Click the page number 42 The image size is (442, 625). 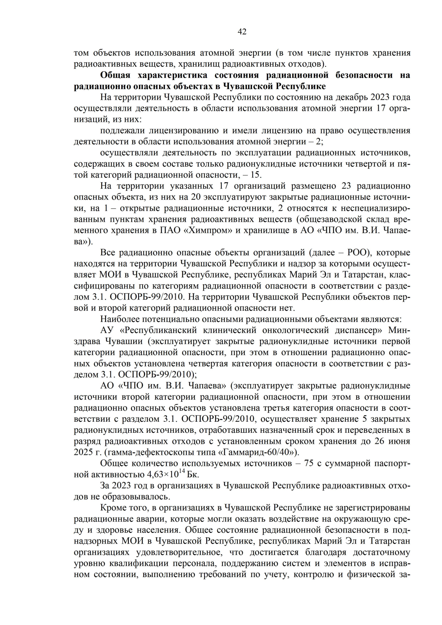click(242, 32)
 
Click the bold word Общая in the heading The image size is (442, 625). click(115, 75)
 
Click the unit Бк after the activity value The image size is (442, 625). click(193, 474)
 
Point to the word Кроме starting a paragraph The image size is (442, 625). click(112, 508)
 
